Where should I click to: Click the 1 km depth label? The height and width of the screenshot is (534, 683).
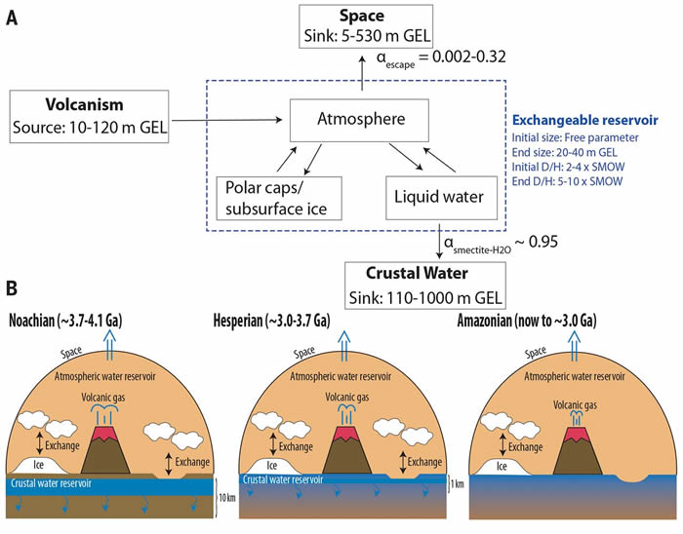pos(455,483)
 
